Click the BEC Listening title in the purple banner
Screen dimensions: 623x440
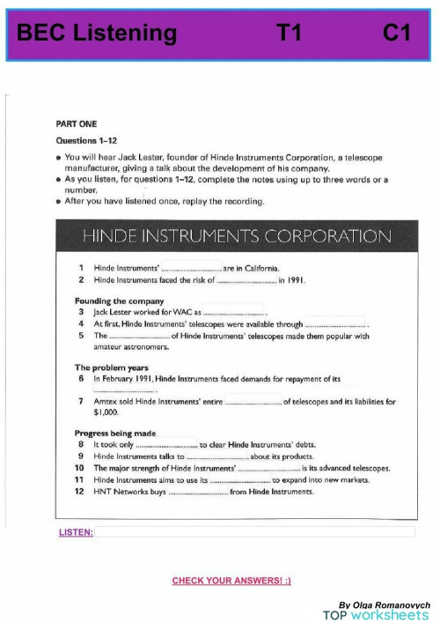click(97, 33)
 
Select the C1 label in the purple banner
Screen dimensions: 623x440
click(398, 33)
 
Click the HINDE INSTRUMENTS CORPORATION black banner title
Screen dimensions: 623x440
click(236, 236)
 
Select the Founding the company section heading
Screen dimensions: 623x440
click(120, 301)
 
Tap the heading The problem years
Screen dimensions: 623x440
click(111, 367)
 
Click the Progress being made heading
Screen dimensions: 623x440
click(115, 434)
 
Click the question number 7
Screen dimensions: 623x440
click(80, 402)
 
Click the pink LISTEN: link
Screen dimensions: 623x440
click(76, 533)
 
